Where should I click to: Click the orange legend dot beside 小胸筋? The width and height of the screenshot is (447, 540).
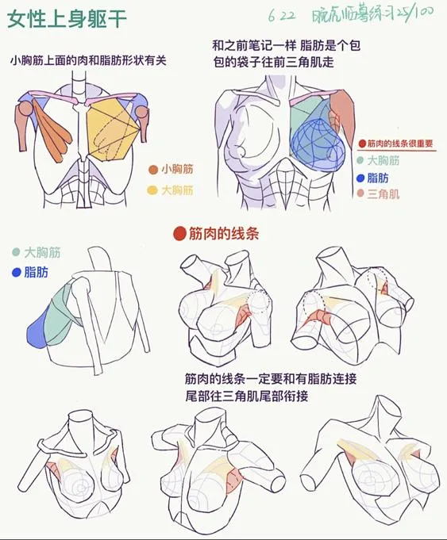pyautogui.click(x=152, y=169)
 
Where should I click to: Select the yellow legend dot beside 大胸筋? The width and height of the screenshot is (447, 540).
pyautogui.click(x=152, y=190)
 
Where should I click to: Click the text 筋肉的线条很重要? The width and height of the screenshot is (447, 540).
pyautogui.click(x=400, y=144)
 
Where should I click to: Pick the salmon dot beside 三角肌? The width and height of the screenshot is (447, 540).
pyautogui.click(x=360, y=193)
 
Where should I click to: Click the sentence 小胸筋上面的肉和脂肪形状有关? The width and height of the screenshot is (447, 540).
pyautogui.click(x=93, y=60)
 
